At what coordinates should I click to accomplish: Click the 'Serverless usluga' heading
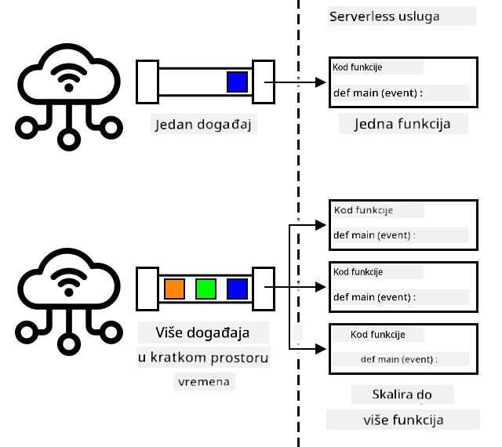coord(384,16)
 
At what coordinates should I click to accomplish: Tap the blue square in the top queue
coord(237,82)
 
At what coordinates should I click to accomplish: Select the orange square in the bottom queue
coord(174,289)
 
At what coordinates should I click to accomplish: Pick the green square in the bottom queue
coord(206,289)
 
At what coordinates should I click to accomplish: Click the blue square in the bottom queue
coord(237,289)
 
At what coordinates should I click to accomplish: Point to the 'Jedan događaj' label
coord(203,124)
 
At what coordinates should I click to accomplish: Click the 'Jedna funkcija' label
coord(402,124)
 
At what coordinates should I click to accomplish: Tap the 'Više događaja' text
coord(202,333)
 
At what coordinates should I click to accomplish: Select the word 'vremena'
coord(204,382)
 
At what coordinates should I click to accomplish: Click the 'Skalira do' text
coord(402,394)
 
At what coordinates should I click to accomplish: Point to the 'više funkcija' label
coord(403,420)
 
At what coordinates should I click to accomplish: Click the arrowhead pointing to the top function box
coord(321,82)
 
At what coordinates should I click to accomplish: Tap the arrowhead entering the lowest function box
coord(321,349)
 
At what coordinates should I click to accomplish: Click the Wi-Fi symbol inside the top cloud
coord(69,78)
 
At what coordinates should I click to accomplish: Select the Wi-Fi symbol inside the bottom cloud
coord(69,282)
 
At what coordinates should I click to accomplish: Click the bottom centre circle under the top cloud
coord(69,140)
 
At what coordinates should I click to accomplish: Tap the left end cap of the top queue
coord(147,82)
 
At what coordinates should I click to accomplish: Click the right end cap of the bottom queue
coord(264,289)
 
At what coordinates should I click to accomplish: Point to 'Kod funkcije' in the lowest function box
coord(378,335)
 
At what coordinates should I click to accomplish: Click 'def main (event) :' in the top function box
coord(378,93)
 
